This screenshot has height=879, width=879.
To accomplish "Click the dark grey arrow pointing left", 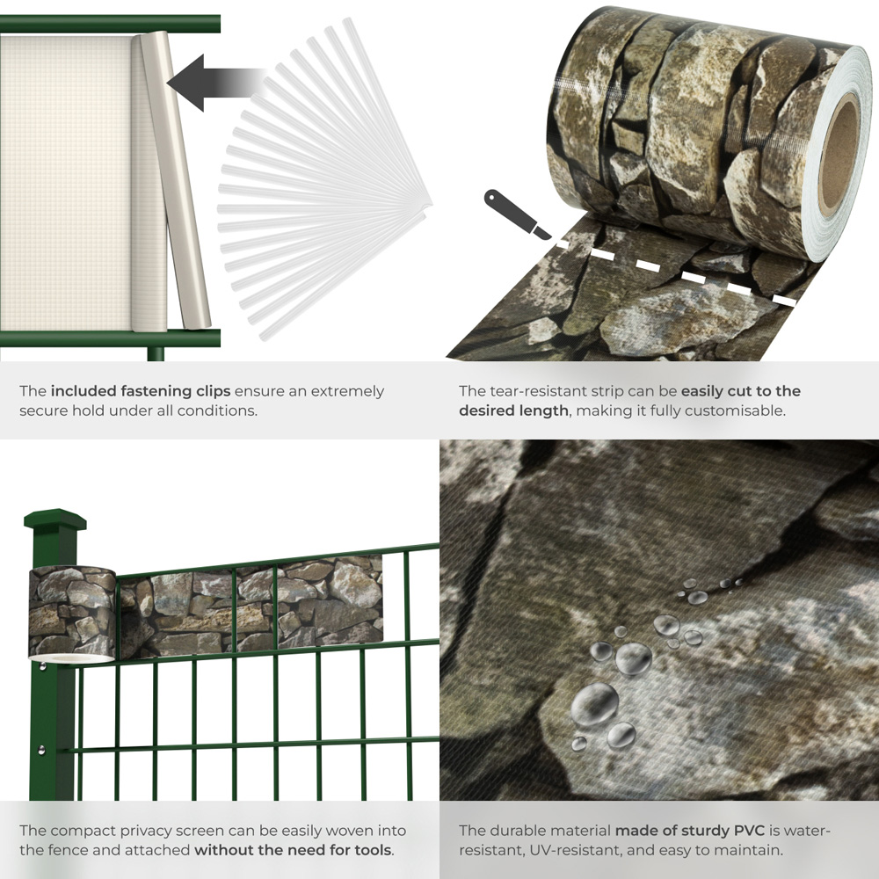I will coord(198,84).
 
